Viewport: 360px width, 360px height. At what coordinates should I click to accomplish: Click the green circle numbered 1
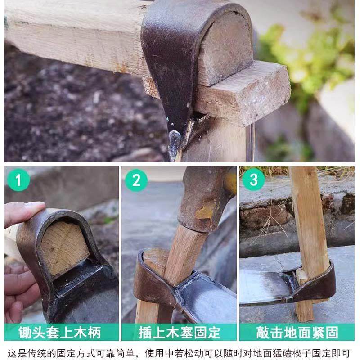pyautogui.click(x=18, y=180)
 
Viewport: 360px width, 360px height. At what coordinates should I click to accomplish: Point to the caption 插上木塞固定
pyautogui.click(x=180, y=332)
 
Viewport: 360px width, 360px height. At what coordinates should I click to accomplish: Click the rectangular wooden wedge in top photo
pyautogui.click(x=243, y=92)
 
